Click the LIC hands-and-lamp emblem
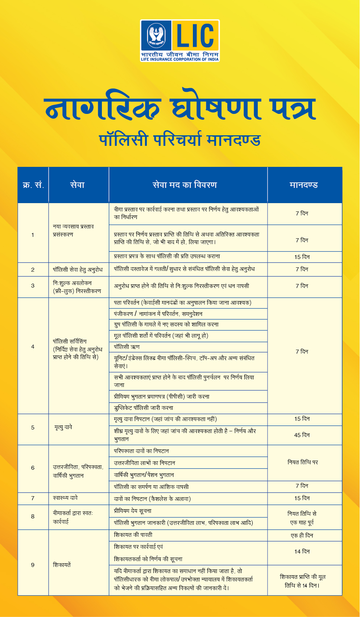[156, 36]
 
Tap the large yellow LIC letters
[195, 36]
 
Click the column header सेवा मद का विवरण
[185, 185]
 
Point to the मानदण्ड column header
[304, 185]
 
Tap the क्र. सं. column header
[33, 185]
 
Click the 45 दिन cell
[302, 435]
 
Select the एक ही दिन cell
[302, 536]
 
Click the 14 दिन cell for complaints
[302, 552]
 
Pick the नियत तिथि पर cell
[303, 462]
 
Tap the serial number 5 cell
[33, 428]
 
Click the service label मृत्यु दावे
[63, 427]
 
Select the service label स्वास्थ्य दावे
[65, 498]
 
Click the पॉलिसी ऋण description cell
[127, 347]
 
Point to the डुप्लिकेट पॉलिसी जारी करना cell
[144, 408]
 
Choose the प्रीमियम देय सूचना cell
[133, 511]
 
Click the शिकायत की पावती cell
[133, 535]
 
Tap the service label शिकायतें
[62, 565]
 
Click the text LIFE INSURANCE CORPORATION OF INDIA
[180, 59]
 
